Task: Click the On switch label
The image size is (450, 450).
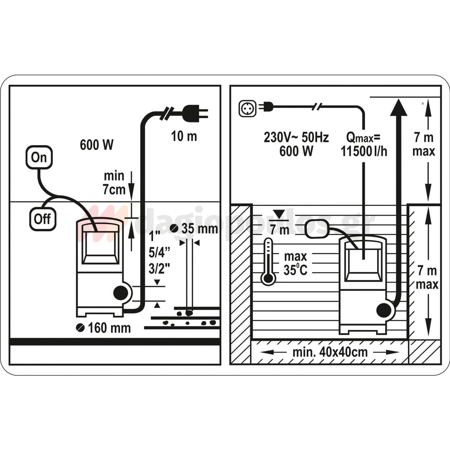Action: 39,157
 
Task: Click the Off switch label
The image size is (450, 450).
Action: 42,219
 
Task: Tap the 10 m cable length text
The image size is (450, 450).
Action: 184,136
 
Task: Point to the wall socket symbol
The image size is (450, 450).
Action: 247,109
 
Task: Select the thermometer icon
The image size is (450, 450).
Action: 268,261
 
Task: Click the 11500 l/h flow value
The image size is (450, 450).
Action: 364,151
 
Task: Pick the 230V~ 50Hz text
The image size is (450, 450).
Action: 296,137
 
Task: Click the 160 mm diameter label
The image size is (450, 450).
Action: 103,328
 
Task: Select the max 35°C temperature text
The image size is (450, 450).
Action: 295,263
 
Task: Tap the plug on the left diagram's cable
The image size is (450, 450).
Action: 196,114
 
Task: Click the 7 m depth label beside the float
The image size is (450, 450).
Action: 280,229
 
